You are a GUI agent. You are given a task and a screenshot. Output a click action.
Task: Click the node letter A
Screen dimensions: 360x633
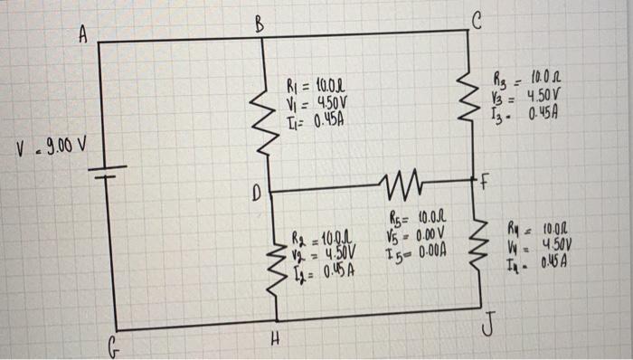(82, 35)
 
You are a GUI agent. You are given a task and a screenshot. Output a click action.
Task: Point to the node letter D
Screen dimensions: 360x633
(255, 193)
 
